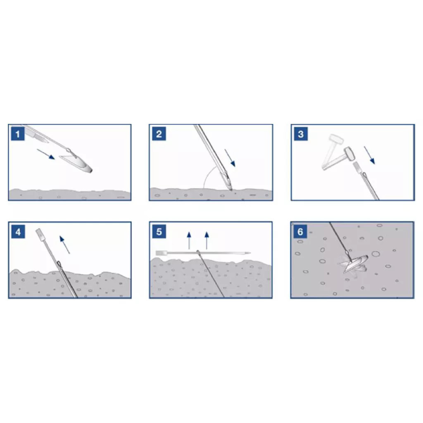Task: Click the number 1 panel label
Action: pyautogui.click(x=18, y=134)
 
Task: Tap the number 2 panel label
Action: pyautogui.click(x=159, y=134)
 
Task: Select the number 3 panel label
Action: pyautogui.click(x=301, y=134)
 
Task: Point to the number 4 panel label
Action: pyautogui.click(x=18, y=232)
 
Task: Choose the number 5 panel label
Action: pyautogui.click(x=159, y=232)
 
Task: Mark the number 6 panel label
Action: pyautogui.click(x=300, y=232)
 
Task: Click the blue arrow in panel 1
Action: pyautogui.click(x=46, y=154)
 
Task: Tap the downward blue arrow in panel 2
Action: pyautogui.click(x=230, y=158)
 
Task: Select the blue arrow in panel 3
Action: pyautogui.click(x=369, y=155)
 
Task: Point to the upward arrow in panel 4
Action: pyautogui.click(x=65, y=245)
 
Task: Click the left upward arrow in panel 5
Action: pyautogui.click(x=189, y=240)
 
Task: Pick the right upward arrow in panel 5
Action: pyautogui.click(x=207, y=240)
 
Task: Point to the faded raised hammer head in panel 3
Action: pyautogui.click(x=336, y=139)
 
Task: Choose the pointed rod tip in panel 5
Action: pyautogui.click(x=247, y=253)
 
